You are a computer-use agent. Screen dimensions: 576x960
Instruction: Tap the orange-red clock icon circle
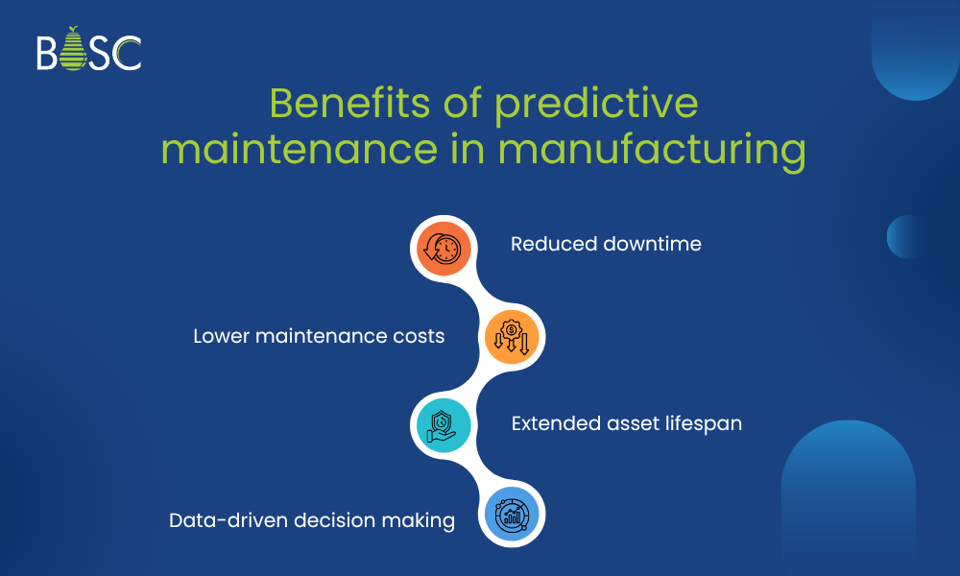442,248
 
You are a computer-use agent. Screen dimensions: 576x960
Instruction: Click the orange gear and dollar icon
513,336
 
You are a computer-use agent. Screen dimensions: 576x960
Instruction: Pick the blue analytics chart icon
513,516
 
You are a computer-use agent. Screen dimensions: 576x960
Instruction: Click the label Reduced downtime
606,244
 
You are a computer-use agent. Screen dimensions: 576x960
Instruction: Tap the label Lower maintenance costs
319,336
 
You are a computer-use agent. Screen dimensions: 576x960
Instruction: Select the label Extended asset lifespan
626,423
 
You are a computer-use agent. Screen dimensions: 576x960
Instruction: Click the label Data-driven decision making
311,520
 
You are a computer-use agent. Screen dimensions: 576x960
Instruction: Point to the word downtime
652,244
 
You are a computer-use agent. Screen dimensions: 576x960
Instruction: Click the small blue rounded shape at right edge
904,236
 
